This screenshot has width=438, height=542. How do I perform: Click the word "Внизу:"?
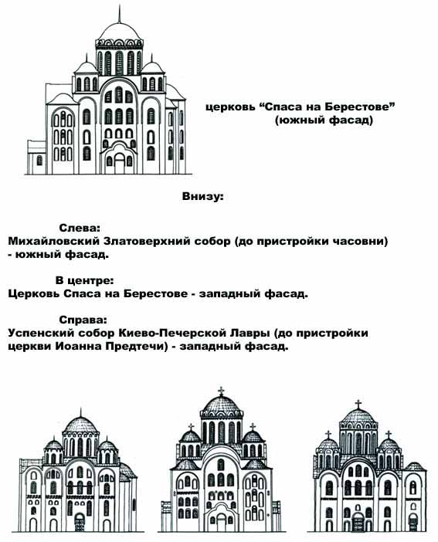[x=202, y=196]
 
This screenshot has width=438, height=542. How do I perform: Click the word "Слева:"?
[x=80, y=228]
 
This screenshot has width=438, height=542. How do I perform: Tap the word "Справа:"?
[x=83, y=320]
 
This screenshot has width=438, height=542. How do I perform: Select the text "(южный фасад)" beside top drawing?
[x=324, y=120]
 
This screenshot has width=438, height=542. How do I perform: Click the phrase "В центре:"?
[x=85, y=280]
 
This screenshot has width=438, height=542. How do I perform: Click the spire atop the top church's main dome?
[x=120, y=14]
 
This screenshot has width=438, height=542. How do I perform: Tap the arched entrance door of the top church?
[x=120, y=164]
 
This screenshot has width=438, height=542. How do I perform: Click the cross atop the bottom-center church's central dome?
[x=221, y=391]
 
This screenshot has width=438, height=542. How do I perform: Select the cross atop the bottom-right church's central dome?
[x=358, y=405]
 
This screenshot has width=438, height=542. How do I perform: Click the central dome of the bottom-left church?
[x=80, y=425]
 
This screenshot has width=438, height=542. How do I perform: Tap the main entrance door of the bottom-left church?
[x=80, y=522]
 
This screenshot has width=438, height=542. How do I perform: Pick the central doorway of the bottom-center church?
[x=221, y=522]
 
